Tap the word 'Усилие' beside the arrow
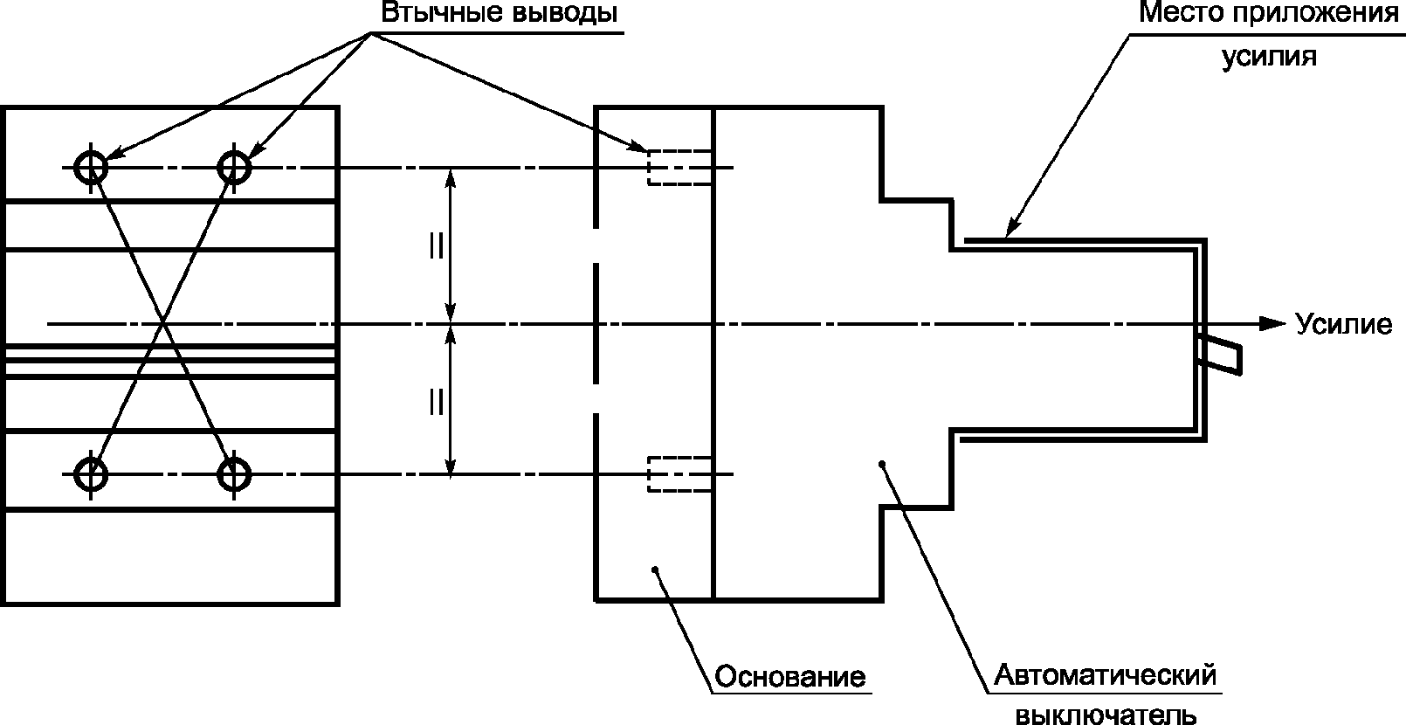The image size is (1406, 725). (1342, 324)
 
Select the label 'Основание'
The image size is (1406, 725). (789, 677)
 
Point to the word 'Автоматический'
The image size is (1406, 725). (1106, 675)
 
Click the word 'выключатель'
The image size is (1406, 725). (1106, 715)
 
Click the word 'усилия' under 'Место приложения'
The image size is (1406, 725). (1268, 57)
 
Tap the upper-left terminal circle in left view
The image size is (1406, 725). (91, 166)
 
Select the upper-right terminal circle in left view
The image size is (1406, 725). (234, 166)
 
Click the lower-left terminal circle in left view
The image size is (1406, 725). (91, 474)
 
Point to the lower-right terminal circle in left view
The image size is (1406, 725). (234, 474)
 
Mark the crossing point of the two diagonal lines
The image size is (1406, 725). (162, 324)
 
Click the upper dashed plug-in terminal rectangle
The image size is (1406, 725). (679, 167)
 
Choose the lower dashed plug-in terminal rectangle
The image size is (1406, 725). (679, 473)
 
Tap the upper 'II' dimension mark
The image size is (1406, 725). (436, 247)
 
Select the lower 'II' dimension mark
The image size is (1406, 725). (436, 401)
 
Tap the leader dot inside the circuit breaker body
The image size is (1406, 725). (883, 463)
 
